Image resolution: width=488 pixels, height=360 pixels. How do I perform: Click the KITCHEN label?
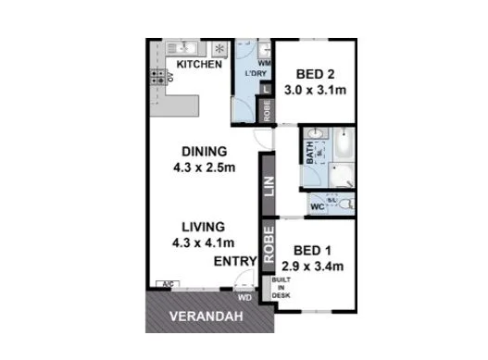click(199, 65)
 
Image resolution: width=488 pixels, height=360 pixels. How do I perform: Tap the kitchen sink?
click(184, 47)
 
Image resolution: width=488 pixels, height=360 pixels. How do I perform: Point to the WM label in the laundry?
click(262, 63)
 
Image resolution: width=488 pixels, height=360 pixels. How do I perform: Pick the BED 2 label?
click(315, 76)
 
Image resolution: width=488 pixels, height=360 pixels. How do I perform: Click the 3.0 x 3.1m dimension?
click(315, 93)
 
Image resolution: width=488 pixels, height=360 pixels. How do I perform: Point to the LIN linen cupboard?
click(267, 186)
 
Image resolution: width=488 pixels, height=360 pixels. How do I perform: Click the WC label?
click(317, 205)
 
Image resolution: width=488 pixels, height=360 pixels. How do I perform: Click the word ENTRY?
click(234, 263)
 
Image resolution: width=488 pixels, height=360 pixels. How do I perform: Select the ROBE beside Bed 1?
click(267, 246)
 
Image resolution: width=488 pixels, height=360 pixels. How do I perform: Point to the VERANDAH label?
click(206, 319)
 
